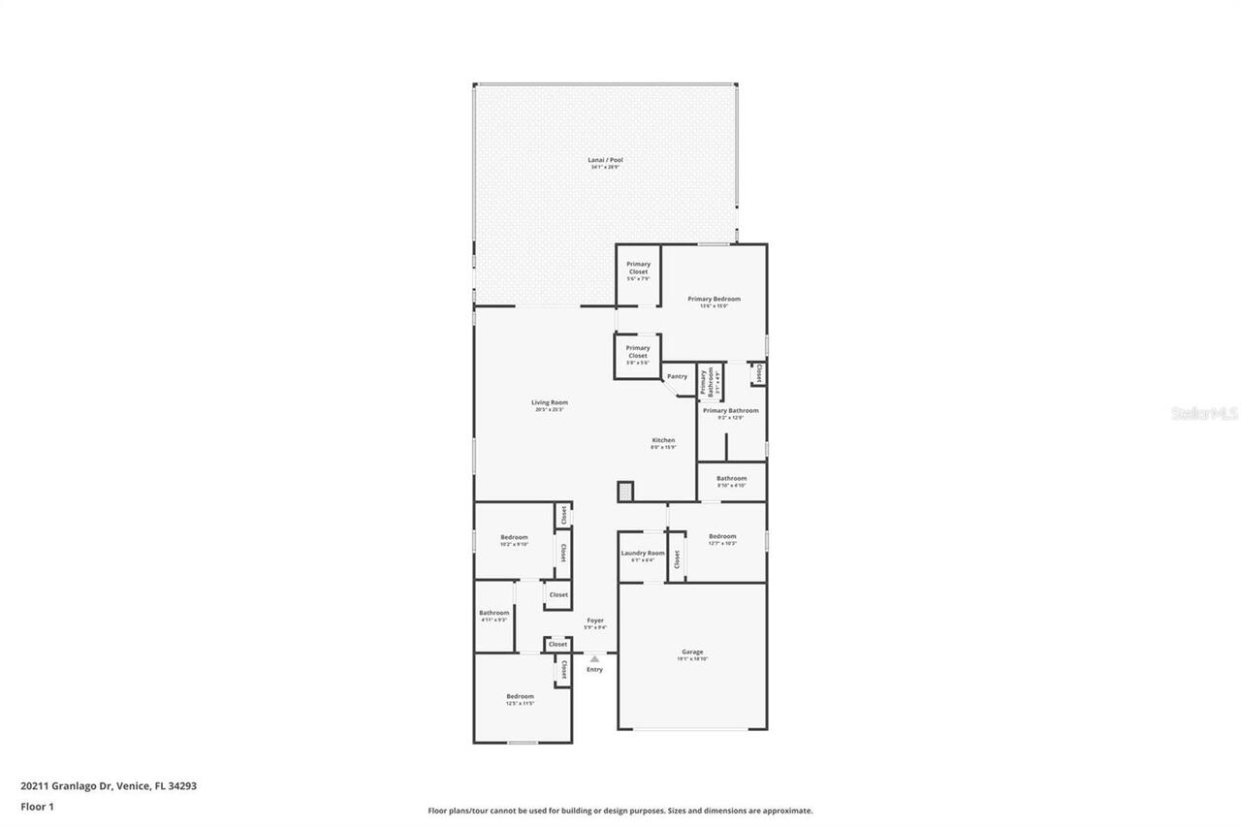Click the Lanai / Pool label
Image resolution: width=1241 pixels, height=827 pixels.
point(605,160)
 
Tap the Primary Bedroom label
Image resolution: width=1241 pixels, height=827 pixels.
point(714,300)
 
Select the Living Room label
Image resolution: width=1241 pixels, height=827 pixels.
point(549,402)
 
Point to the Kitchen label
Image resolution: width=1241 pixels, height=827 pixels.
point(663,441)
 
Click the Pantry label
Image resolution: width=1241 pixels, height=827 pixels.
point(677,376)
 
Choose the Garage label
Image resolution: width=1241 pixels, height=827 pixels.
point(692,652)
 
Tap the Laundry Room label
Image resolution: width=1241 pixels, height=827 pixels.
point(642,554)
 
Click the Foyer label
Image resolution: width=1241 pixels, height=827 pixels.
point(594,620)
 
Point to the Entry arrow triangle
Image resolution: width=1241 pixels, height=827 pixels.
point(594,659)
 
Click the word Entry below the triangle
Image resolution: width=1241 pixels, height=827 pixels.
point(594,669)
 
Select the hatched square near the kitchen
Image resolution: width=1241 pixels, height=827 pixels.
point(625,492)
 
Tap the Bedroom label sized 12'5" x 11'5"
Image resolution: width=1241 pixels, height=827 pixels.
point(520,696)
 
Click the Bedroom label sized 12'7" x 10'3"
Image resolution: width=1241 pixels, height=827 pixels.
point(722,537)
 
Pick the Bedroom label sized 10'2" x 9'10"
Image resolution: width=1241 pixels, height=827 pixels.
point(514,538)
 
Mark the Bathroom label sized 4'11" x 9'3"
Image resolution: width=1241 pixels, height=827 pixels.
point(493,613)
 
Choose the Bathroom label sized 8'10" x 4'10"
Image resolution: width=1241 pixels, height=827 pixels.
point(731,478)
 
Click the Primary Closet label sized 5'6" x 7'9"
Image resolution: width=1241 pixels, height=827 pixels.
point(638,269)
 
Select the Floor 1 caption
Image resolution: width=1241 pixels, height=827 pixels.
point(37,807)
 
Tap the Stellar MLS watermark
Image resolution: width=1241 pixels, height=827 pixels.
point(1204,413)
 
